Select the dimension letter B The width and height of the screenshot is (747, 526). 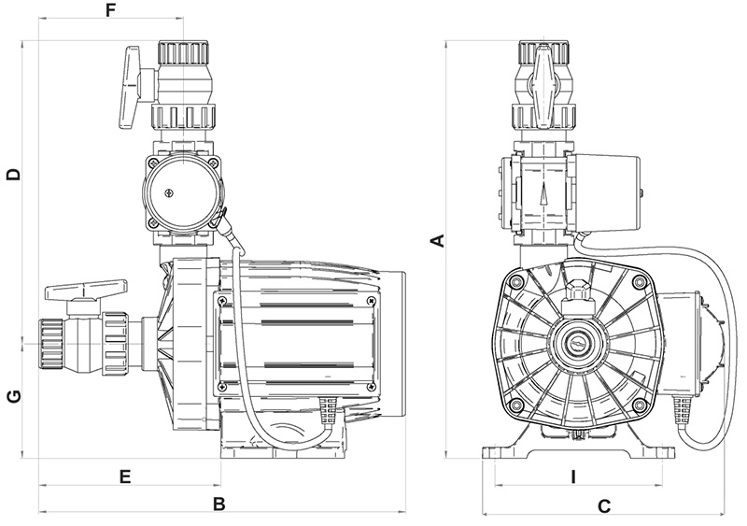219,505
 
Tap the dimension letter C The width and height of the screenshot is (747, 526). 603,506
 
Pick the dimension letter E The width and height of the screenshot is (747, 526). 124,476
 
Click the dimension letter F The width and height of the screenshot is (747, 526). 111,11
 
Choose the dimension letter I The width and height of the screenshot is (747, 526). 572,476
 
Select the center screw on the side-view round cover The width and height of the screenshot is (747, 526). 168,193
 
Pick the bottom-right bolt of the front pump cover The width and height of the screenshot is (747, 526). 640,405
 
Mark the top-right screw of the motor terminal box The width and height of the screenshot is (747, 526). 371,301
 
